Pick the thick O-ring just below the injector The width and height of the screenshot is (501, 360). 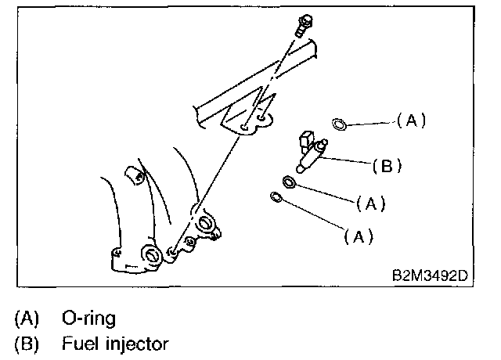(289, 183)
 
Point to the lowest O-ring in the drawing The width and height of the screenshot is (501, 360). (275, 196)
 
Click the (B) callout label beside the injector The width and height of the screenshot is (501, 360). (386, 165)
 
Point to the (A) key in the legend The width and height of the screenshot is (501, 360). (26, 319)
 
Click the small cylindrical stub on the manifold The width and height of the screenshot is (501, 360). (133, 175)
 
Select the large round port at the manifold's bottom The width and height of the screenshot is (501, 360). (149, 256)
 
